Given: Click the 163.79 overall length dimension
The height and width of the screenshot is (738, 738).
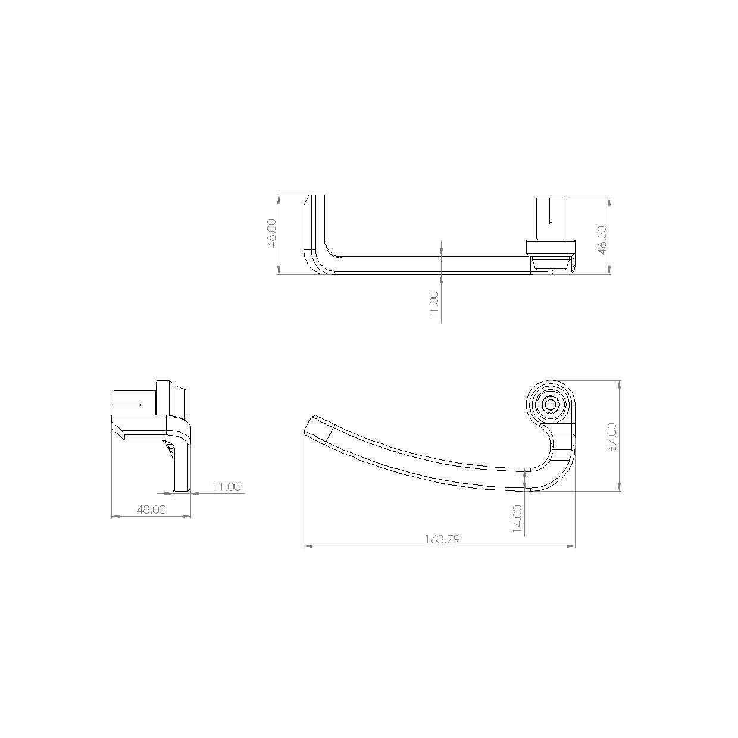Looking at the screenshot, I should [x=442, y=539].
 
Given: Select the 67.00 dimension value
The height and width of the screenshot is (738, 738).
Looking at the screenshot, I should [x=612, y=437].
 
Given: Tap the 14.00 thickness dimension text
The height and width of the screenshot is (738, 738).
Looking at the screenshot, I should [x=517, y=517].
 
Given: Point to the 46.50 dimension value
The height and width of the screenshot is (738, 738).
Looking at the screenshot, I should [x=602, y=240].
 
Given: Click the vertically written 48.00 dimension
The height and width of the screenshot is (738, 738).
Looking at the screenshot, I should [x=271, y=233].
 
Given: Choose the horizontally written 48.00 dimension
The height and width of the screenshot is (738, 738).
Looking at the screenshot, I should [x=151, y=509].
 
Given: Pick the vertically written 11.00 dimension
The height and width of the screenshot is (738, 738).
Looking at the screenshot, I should [x=433, y=305].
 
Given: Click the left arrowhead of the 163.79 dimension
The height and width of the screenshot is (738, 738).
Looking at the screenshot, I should [x=308, y=545].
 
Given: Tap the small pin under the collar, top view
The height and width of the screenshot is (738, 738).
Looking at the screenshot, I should [x=552, y=272].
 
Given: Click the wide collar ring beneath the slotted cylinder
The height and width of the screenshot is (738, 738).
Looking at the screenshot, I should [x=551, y=247].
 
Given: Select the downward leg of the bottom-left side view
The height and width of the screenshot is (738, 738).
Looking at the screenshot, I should [x=182, y=467].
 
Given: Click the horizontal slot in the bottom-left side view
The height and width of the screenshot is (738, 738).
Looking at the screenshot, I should [x=128, y=404].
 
